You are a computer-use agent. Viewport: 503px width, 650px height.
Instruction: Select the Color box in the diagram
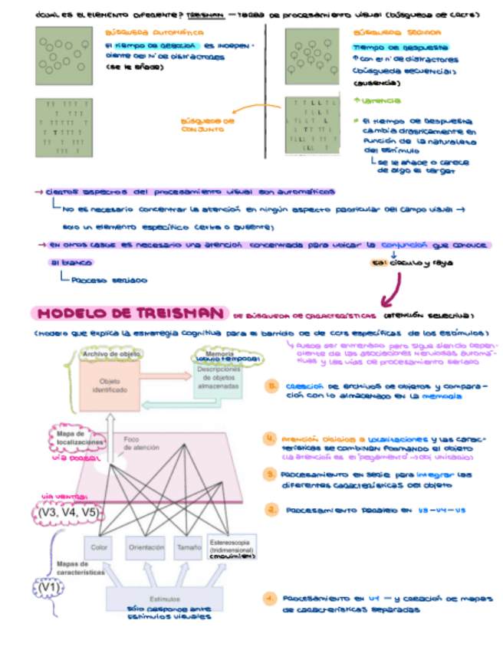point(99,547)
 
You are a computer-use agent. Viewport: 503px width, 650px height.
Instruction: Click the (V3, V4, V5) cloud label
point(69,511)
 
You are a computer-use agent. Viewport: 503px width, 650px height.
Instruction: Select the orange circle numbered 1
point(269,599)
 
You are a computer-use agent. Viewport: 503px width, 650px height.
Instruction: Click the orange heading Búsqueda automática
point(154,33)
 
